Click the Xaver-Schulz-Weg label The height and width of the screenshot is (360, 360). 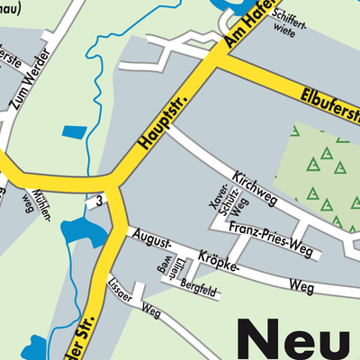[x=225, y=205]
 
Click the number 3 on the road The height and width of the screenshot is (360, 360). [x=102, y=200]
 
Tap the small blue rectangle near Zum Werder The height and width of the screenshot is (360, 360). [x=71, y=132]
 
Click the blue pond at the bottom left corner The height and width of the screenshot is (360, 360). [x=36, y=347]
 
